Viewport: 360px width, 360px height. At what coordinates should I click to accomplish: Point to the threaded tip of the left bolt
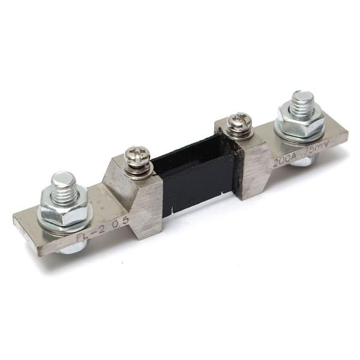63,181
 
